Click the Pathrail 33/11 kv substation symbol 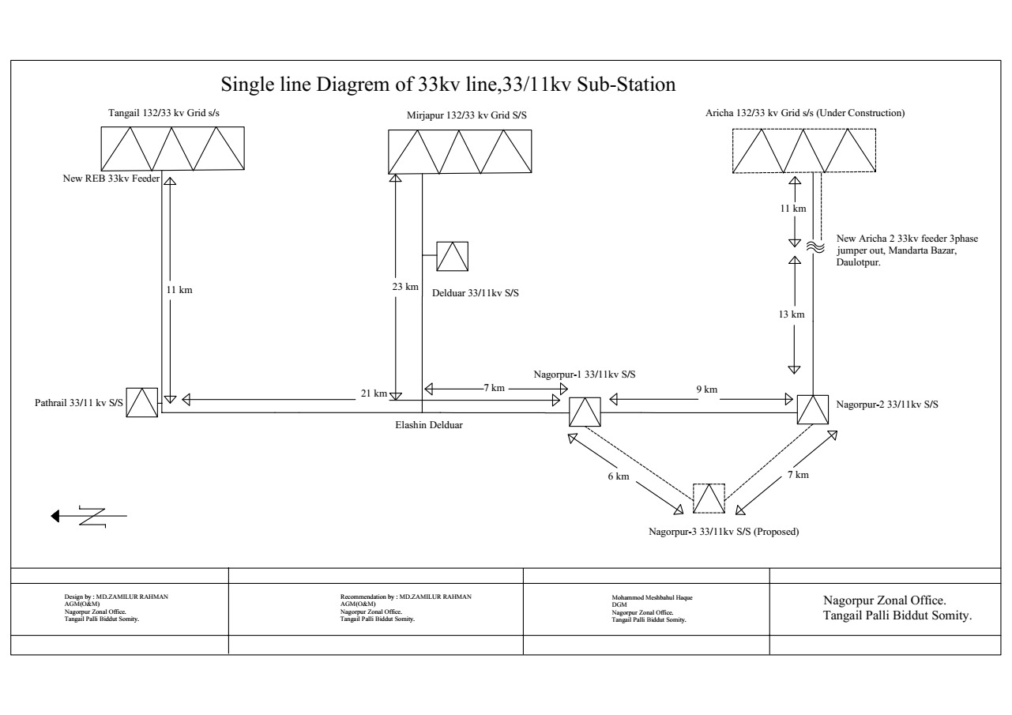(x=143, y=403)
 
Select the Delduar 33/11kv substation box (x=452, y=257)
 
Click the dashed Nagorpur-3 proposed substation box (x=709, y=499)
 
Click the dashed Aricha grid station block (x=803, y=150)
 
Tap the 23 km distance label (x=406, y=287)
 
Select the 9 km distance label (x=706, y=389)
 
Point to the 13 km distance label (x=791, y=314)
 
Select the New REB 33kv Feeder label (x=111, y=179)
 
